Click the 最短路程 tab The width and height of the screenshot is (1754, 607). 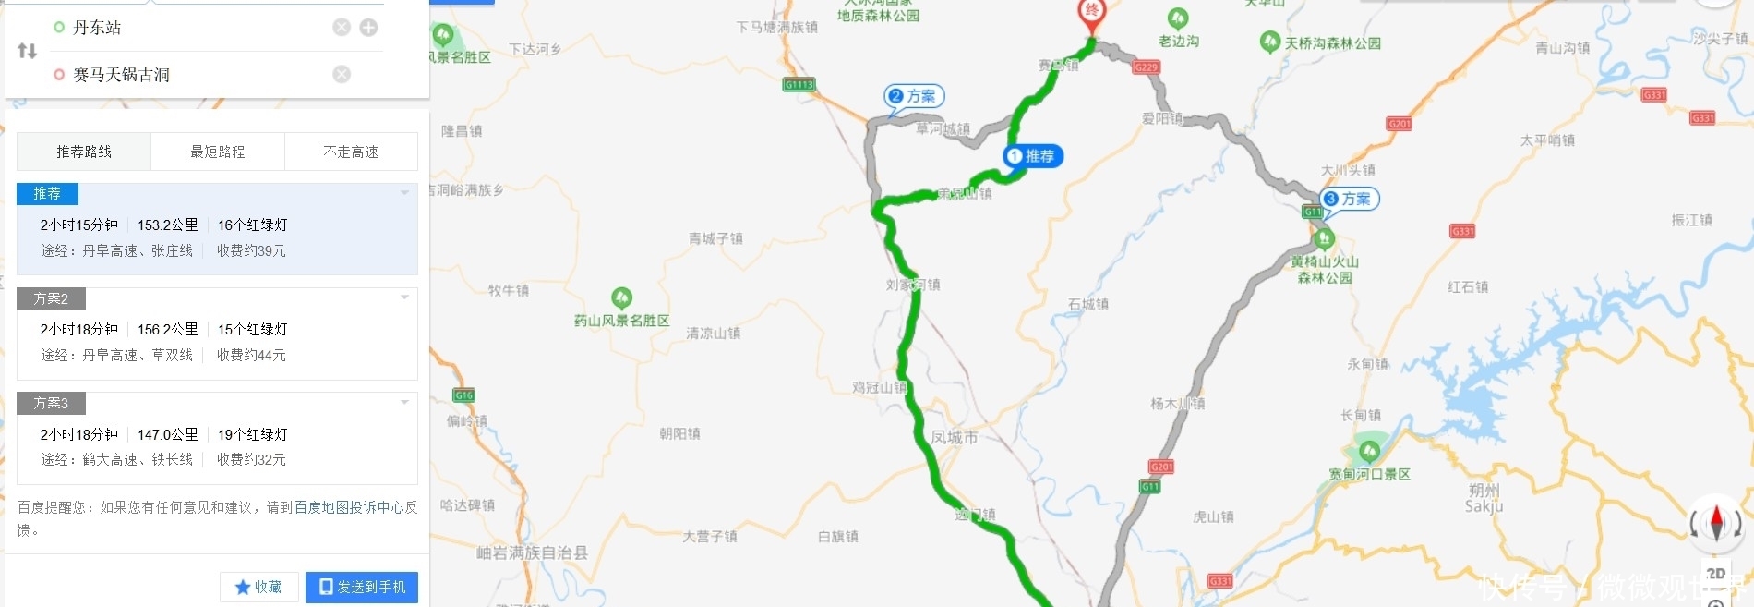[x=217, y=152]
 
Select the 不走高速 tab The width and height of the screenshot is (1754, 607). [x=351, y=152]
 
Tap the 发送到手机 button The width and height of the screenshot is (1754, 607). [x=362, y=587]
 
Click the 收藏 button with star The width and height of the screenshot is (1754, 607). [x=258, y=587]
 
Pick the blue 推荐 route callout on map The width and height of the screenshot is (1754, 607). [x=1033, y=156]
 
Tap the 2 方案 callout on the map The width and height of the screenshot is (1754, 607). [x=913, y=96]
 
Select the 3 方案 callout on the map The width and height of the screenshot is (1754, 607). [x=1349, y=199]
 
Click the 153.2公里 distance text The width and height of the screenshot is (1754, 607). [x=168, y=225]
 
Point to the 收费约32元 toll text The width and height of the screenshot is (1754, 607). [x=251, y=459]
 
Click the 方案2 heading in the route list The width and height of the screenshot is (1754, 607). [x=51, y=298]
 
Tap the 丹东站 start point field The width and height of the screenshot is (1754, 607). [x=97, y=28]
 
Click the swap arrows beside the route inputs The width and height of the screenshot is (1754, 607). [x=28, y=51]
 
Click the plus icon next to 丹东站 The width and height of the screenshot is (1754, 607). [x=368, y=28]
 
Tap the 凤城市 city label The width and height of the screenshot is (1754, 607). [x=954, y=437]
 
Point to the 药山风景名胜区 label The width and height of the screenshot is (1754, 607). [x=621, y=321]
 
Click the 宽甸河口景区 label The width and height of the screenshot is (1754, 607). [x=1369, y=474]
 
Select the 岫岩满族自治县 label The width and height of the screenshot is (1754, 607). [x=532, y=552]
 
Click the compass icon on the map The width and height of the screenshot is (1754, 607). [x=1716, y=523]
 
